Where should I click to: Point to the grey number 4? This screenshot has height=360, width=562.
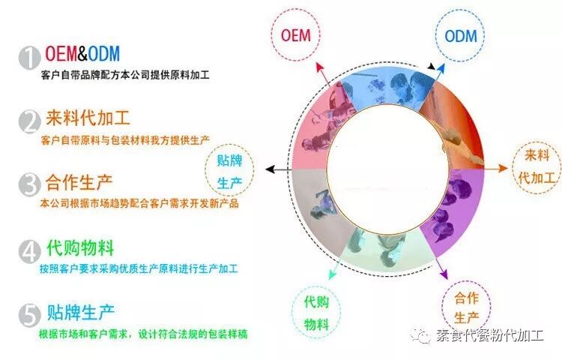29,250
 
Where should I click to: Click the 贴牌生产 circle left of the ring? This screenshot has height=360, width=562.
229,171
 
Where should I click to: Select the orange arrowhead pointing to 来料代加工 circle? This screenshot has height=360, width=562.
506,169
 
